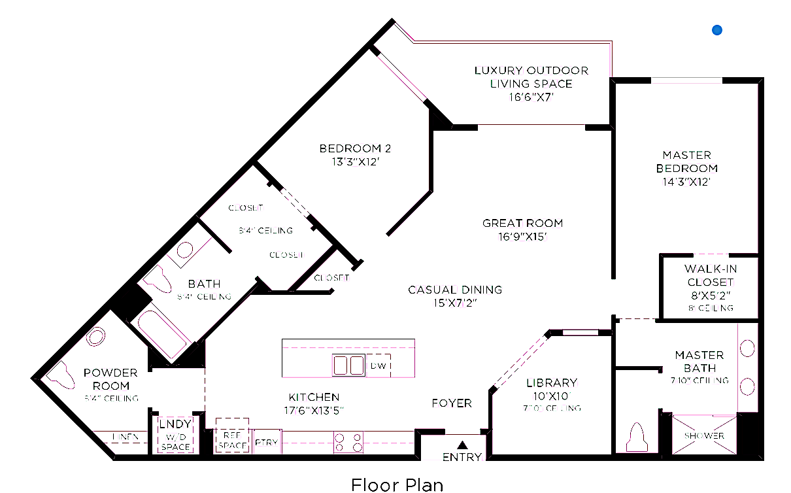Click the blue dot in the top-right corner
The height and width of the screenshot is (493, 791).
(717, 29)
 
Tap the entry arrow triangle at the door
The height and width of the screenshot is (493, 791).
(462, 445)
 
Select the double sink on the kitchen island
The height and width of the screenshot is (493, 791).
(348, 365)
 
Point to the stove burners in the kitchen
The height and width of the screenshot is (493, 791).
(348, 443)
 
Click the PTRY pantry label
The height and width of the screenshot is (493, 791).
(266, 443)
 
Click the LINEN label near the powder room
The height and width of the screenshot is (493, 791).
(125, 436)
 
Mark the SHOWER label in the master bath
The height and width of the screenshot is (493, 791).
(704, 435)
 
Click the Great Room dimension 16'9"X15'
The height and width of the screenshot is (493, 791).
(522, 236)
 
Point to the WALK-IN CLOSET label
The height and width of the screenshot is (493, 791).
(709, 276)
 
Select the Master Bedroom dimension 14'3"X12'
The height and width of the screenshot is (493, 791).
(686, 182)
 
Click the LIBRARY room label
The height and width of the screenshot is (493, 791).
(552, 382)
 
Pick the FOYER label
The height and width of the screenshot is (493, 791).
(452, 403)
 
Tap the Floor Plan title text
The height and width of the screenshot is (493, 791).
(397, 484)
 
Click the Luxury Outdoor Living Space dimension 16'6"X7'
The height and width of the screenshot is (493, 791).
(531, 97)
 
